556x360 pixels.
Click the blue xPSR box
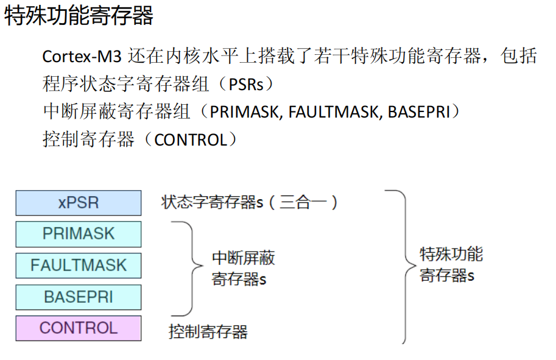[x=79, y=203]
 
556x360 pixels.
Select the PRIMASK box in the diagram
[x=79, y=234]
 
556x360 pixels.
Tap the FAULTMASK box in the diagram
[x=79, y=266]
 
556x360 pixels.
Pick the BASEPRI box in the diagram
[x=79, y=297]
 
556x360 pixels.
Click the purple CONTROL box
[x=79, y=328]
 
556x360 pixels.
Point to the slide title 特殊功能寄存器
[x=79, y=16]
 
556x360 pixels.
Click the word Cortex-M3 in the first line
[x=83, y=57]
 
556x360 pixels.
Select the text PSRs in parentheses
[x=247, y=85]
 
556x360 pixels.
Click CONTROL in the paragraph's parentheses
[x=190, y=140]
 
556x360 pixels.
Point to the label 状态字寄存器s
[x=213, y=202]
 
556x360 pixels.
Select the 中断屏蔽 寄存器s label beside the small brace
[x=243, y=269]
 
